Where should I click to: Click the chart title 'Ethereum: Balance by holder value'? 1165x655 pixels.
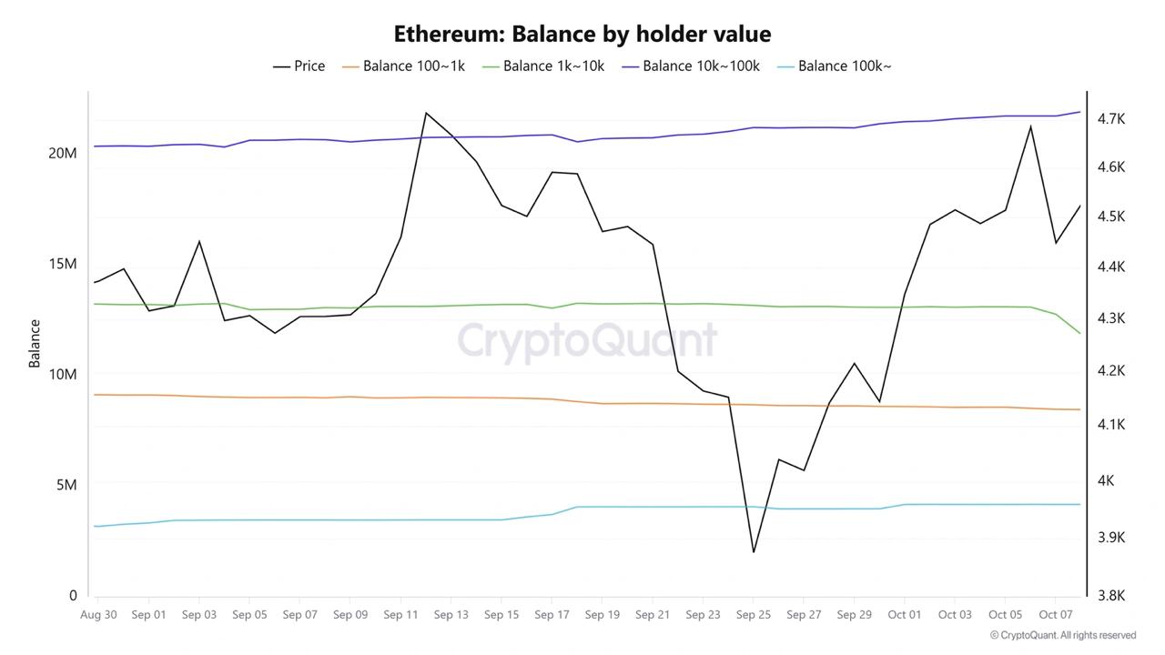tap(582, 35)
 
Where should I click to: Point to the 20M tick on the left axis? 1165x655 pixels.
tap(63, 153)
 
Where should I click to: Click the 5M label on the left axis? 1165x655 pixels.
tap(66, 485)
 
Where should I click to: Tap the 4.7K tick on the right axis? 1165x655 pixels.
tap(1111, 119)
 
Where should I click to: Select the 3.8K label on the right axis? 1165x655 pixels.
tap(1111, 596)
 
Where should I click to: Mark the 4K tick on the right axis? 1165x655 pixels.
tap(1106, 481)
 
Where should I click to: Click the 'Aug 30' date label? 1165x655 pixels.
tap(98, 615)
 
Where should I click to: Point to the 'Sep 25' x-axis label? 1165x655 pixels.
tap(753, 615)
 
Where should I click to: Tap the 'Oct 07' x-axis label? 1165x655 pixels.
tap(1055, 615)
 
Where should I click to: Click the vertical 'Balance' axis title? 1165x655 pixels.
tap(35, 343)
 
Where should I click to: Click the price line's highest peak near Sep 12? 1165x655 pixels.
tap(426, 113)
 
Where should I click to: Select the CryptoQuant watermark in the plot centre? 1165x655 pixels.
tap(587, 341)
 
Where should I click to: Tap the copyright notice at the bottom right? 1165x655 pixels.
tap(1063, 635)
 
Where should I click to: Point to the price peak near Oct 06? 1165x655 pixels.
tap(1030, 126)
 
